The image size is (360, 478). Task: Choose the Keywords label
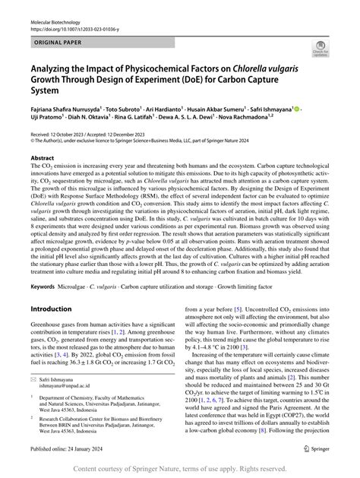(46, 309)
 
